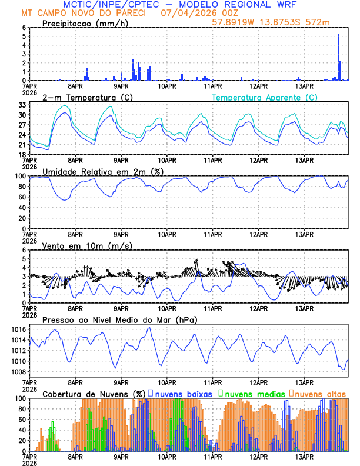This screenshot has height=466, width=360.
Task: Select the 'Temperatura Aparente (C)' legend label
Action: tap(264, 97)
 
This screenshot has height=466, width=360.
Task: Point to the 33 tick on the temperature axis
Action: tap(23, 105)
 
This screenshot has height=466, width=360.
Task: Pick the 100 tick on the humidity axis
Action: tap(21, 176)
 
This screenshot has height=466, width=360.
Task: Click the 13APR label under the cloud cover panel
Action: tap(304, 457)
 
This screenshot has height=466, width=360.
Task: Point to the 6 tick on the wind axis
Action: tap(23, 250)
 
